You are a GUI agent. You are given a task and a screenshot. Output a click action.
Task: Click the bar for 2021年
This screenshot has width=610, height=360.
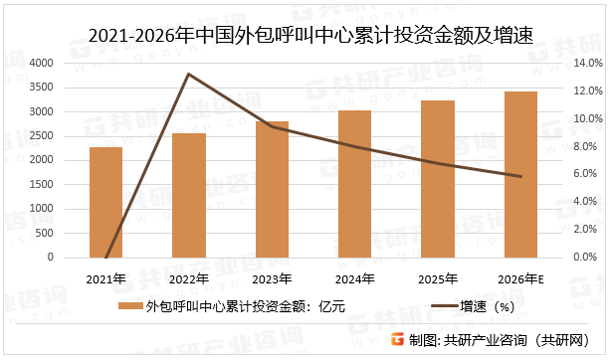pyautogui.click(x=105, y=202)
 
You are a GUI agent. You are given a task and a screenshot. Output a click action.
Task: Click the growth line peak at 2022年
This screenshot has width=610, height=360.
pyautogui.click(x=189, y=75)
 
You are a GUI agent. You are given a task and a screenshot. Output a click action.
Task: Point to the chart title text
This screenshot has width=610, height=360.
pyautogui.click(x=305, y=35)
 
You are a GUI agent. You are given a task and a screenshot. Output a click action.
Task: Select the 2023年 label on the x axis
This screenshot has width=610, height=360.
pyautogui.click(x=272, y=278)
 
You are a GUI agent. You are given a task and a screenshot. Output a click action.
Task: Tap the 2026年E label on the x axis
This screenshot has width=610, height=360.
pyautogui.click(x=520, y=278)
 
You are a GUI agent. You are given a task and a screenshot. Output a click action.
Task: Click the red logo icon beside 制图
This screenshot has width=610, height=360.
pyautogui.click(x=396, y=340)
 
